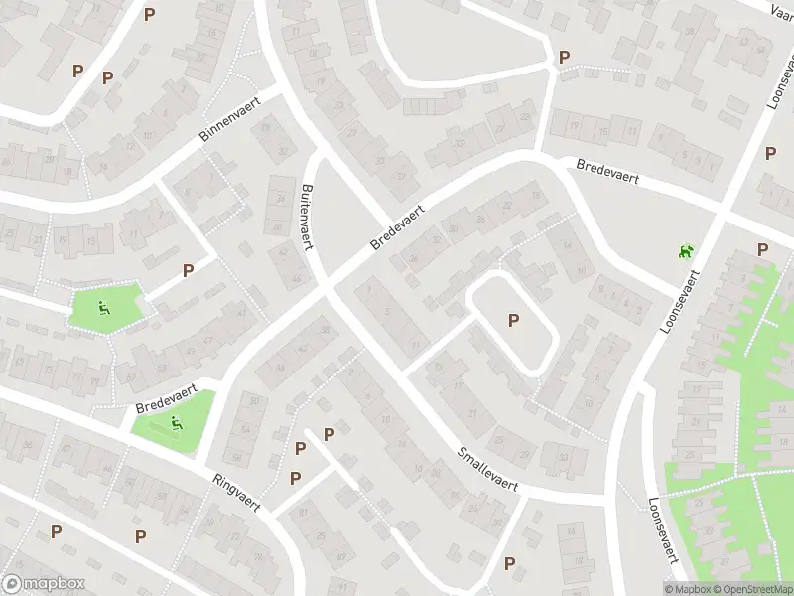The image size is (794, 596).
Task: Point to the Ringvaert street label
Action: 236,491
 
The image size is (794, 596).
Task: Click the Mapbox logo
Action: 44,584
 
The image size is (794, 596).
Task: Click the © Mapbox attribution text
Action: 688,589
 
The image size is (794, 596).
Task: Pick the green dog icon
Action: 684,252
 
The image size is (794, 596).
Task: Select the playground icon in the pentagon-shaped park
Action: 104,309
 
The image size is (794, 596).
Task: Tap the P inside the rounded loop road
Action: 513,320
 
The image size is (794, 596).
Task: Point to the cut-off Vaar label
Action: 784,8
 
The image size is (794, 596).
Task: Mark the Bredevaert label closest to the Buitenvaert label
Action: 397,227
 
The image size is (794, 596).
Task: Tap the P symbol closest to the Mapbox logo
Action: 57,531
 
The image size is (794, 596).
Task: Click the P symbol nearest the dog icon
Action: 762,249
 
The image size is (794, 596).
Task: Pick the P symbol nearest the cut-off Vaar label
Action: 771,153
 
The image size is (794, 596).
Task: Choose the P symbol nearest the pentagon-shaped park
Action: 188,270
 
